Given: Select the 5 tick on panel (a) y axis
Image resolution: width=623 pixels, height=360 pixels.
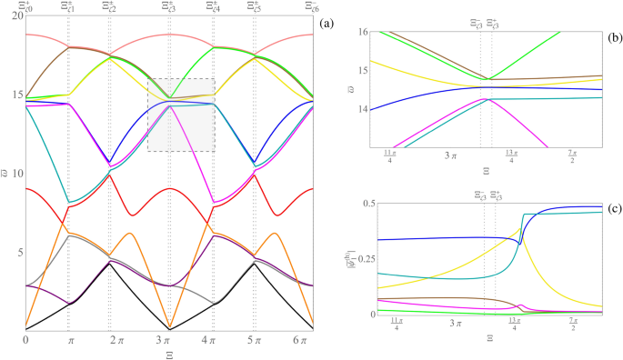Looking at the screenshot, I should click(17, 252).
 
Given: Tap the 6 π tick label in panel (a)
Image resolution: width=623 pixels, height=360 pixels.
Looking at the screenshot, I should click(305, 340).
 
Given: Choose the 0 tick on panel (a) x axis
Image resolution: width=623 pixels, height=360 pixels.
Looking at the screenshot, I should click(26, 340).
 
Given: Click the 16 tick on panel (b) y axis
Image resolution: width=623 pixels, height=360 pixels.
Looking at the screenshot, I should click(362, 33).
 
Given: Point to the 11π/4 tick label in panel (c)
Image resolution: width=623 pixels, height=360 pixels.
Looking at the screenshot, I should click(396, 325).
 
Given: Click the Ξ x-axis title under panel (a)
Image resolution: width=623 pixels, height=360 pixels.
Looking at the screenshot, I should click(169, 354).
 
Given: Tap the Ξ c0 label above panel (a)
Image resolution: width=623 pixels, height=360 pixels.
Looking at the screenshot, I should click(27, 7).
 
